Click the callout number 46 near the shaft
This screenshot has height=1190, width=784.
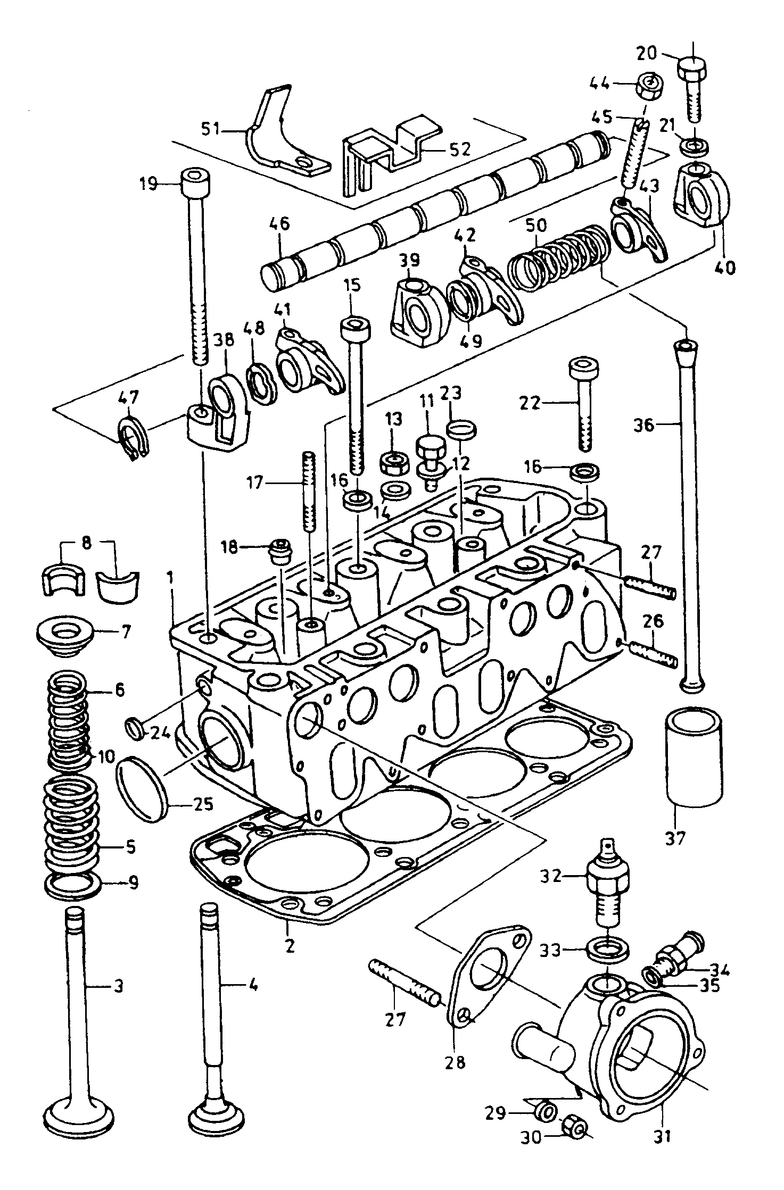pyautogui.click(x=279, y=224)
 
